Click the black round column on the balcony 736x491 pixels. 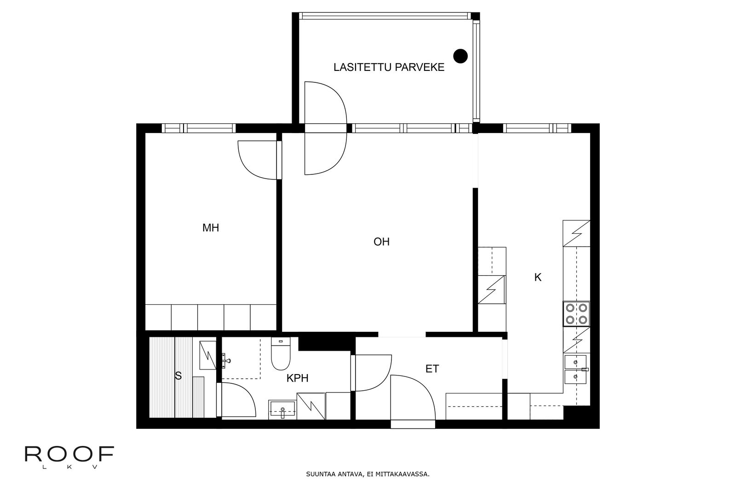[x=460, y=56]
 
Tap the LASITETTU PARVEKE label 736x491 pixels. [x=389, y=67]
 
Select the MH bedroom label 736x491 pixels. [x=211, y=227]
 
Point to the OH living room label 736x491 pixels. [x=381, y=242]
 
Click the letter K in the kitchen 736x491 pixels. [x=538, y=277]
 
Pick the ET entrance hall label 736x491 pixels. [x=432, y=369]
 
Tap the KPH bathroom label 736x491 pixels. [x=297, y=378]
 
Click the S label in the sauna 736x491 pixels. [x=178, y=375]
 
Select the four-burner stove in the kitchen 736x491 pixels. [x=576, y=313]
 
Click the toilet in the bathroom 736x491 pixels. [x=281, y=353]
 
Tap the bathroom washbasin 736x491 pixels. [x=282, y=410]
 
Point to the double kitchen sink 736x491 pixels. [x=575, y=370]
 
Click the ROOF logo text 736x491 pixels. [x=69, y=454]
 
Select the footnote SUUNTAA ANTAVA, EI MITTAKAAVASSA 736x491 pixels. [x=368, y=474]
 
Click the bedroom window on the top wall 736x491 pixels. [x=199, y=128]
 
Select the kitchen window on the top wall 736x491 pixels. [x=537, y=128]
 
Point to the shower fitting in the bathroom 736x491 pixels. [x=226, y=360]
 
